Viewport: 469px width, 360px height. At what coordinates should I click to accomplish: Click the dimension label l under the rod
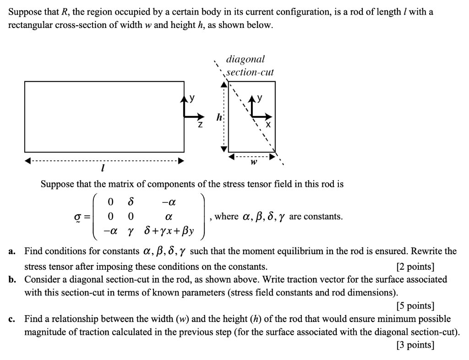pos(103,169)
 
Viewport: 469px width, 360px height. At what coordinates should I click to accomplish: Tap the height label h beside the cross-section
pos(219,117)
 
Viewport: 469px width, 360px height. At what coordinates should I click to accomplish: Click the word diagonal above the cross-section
pos(245,59)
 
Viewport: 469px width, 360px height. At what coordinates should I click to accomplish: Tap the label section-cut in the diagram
pos(250,72)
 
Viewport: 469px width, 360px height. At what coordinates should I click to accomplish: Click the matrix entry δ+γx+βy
pos(169,231)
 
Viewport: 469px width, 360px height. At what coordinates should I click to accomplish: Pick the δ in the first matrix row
pos(131,202)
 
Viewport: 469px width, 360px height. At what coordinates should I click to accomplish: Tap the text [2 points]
pos(414,267)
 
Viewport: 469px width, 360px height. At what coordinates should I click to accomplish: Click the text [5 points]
pos(414,306)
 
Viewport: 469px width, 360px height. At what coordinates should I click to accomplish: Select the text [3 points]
pos(414,345)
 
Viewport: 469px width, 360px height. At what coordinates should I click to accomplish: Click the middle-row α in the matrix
pos(169,216)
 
